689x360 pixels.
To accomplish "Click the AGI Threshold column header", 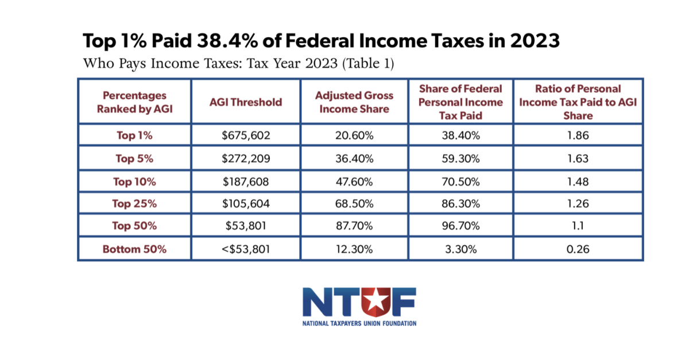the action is pyautogui.click(x=246, y=102).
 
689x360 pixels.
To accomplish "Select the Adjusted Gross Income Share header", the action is pyautogui.click(x=354, y=102).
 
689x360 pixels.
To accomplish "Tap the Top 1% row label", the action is pyautogui.click(x=134, y=136).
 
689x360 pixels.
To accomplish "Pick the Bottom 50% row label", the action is pyautogui.click(x=134, y=249).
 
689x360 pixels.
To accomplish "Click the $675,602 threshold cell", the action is pyautogui.click(x=246, y=136).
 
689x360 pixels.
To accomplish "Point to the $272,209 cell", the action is pyautogui.click(x=246, y=158).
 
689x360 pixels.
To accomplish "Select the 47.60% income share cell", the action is pyautogui.click(x=354, y=181).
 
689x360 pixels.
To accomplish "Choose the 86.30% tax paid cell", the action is pyautogui.click(x=460, y=203).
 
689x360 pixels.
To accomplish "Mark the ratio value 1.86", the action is pyautogui.click(x=578, y=136).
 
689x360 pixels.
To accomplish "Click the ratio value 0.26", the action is pyautogui.click(x=578, y=249).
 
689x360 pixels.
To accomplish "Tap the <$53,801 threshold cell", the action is pyautogui.click(x=246, y=249).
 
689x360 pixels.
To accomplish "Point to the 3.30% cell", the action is pyautogui.click(x=460, y=249).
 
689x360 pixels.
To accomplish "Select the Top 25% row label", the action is pyautogui.click(x=134, y=203).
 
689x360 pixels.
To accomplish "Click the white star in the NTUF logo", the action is pyautogui.click(x=375, y=300).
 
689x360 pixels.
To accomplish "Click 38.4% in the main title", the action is pyautogui.click(x=227, y=41).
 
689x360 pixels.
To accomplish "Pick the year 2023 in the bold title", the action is pyautogui.click(x=535, y=41).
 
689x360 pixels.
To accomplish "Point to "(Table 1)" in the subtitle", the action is pyautogui.click(x=368, y=63).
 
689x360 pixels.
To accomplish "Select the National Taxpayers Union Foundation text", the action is pyautogui.click(x=359, y=323).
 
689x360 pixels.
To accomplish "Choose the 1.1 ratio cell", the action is pyautogui.click(x=578, y=226).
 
